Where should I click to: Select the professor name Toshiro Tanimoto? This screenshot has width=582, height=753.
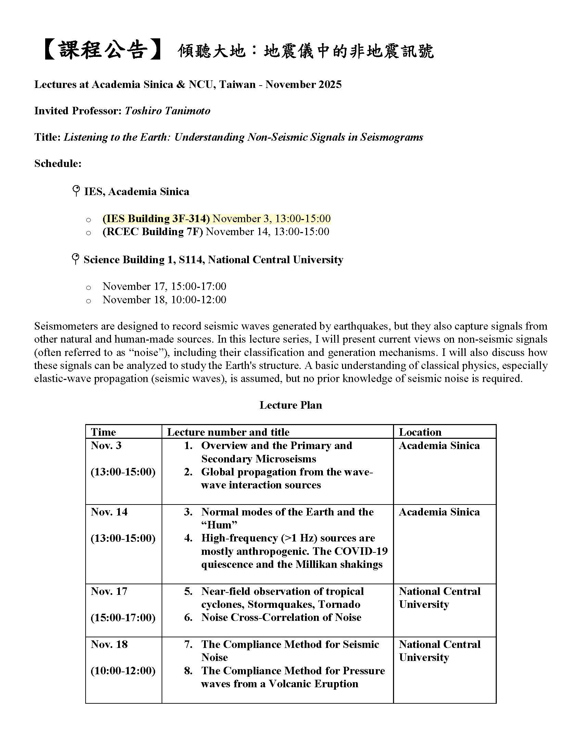point(167,111)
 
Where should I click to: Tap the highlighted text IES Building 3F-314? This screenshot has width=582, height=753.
point(156,219)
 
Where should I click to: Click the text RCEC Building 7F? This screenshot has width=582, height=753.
point(153,232)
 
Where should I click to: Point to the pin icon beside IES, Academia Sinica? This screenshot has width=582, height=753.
point(76,191)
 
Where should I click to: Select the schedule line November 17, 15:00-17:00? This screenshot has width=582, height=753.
point(164,286)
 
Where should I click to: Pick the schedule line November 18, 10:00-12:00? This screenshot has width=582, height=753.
point(164,299)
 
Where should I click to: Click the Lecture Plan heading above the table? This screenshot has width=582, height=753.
point(291,405)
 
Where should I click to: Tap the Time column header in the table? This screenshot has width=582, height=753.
point(103,432)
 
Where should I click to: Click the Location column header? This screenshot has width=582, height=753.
point(420,432)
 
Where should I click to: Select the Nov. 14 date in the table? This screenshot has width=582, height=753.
point(109,512)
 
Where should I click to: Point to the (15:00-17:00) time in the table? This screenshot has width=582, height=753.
point(123,617)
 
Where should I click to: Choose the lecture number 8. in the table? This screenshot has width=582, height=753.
point(188,671)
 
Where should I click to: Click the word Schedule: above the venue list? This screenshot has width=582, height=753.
point(58,163)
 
